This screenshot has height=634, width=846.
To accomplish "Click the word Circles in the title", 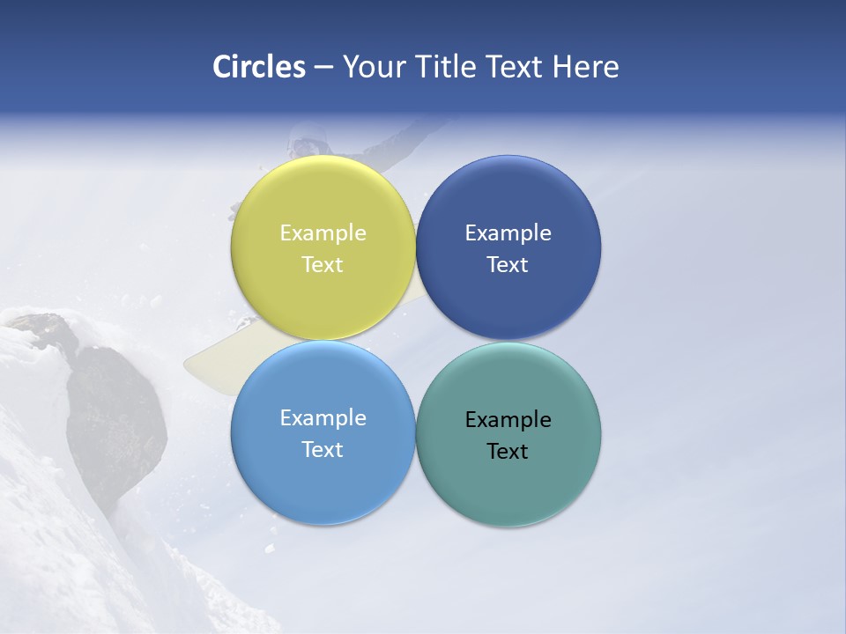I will coord(259,67).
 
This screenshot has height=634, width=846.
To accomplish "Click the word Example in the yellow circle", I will coord(323,233).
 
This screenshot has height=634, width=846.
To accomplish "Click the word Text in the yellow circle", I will coord(323,265).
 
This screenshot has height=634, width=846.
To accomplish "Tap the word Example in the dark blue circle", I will coord(508,233).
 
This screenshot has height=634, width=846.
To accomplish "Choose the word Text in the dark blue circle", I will coord(508,265).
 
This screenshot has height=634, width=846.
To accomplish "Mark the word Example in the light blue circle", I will coord(323,418).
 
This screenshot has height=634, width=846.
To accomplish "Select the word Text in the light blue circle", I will coord(323,450).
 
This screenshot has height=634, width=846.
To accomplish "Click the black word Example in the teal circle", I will coord(508,420).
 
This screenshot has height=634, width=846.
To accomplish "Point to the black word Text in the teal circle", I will coord(508,452).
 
